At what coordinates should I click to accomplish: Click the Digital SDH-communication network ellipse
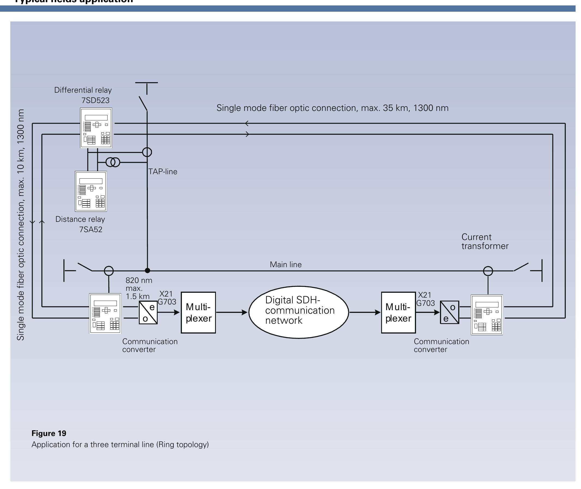(x=298, y=312)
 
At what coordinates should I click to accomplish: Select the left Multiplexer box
(x=198, y=312)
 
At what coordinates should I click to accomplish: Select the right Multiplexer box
(x=398, y=312)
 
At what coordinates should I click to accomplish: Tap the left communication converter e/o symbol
(x=148, y=312)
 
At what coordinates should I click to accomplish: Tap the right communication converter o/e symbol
(x=449, y=312)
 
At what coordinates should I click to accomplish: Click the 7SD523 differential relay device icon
(x=96, y=128)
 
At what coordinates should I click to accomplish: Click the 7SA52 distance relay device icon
(x=91, y=191)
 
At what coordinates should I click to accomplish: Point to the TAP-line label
(x=163, y=172)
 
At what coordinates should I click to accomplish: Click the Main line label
(x=286, y=264)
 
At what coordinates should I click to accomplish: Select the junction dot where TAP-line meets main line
(x=147, y=270)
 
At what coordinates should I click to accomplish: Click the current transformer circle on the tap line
(x=147, y=152)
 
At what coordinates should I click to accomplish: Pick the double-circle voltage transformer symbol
(x=113, y=162)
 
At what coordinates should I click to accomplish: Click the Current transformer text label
(x=485, y=241)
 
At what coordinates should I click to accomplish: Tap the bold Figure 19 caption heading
(x=49, y=433)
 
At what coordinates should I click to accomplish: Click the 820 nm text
(x=139, y=280)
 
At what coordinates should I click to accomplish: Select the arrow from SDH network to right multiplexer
(x=365, y=312)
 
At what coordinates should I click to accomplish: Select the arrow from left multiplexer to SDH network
(x=231, y=312)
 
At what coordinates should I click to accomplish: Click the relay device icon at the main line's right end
(x=487, y=315)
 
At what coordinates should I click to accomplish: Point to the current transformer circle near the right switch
(x=488, y=271)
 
